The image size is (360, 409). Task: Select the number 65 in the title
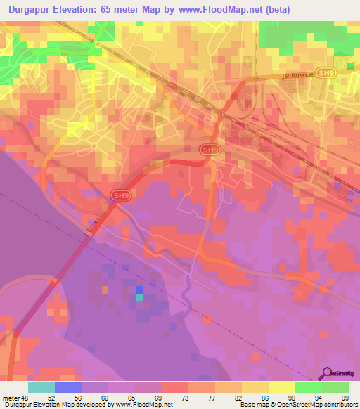pos(124,10)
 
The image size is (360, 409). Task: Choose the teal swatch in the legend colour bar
pos(41,387)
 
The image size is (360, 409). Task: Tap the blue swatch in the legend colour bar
pos(68,387)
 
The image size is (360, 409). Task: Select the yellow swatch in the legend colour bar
pos(281,387)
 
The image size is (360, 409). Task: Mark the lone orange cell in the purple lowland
pos(105,289)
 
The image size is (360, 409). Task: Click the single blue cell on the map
pos(139,289)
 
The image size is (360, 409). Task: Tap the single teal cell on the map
pos(139,297)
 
